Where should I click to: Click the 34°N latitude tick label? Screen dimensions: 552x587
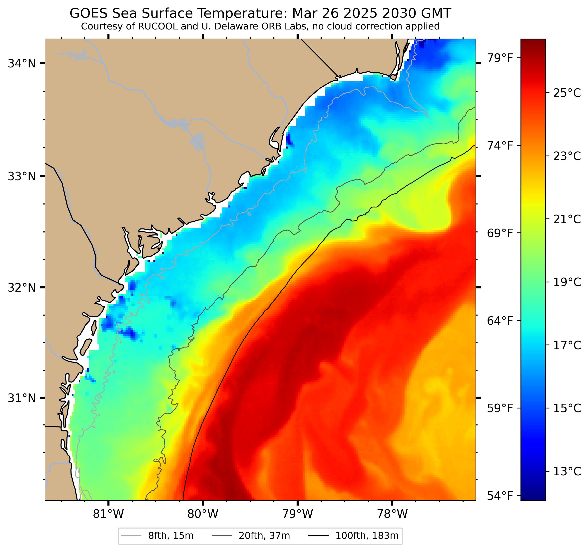(x=21, y=63)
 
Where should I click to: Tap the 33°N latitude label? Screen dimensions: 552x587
(x=21, y=177)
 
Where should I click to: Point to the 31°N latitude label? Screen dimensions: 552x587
(x=21, y=398)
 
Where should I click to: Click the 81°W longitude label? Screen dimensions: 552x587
(x=108, y=514)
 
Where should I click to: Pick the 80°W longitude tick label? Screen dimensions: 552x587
(x=203, y=514)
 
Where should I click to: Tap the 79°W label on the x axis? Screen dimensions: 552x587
(x=297, y=514)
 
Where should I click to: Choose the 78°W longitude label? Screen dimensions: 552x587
(x=392, y=514)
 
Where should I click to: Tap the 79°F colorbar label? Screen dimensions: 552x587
(x=500, y=58)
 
